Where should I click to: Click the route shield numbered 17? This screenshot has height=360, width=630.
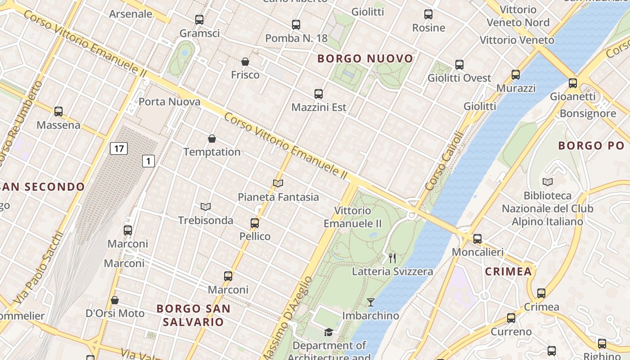[x=119, y=148]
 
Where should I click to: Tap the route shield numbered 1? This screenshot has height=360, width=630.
[x=148, y=161]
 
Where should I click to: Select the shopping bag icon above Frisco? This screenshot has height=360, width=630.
[x=245, y=62]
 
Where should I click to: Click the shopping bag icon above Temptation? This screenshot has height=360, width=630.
[x=212, y=139]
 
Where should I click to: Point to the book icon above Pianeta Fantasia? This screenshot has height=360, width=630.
[x=278, y=183]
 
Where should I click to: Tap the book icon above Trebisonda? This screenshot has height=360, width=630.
[x=206, y=207]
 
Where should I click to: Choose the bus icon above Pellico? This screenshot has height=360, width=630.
[x=255, y=223]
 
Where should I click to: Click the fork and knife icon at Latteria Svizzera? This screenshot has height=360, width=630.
[x=392, y=258]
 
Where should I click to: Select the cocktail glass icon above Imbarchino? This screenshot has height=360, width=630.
[x=370, y=302]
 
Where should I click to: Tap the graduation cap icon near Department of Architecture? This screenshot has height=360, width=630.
[x=329, y=332]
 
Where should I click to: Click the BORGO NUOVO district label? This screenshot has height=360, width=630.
[x=365, y=58]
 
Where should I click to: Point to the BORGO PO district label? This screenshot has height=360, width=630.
[x=591, y=145]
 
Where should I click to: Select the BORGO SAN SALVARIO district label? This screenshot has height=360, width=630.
[x=193, y=315]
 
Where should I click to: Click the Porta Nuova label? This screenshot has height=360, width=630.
[x=169, y=102]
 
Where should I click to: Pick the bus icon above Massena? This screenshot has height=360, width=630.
[x=58, y=111]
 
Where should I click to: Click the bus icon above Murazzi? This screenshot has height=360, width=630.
[x=516, y=74]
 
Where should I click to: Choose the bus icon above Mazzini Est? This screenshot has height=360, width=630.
[x=319, y=94]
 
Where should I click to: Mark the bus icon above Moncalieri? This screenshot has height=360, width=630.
[x=477, y=238]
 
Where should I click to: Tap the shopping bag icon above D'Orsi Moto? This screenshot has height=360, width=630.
[x=115, y=300]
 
